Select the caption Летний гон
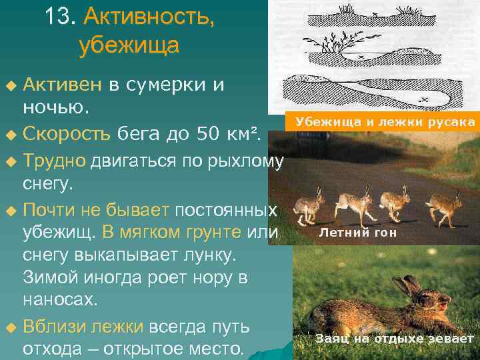tap(357, 233)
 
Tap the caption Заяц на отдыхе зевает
tap(395, 339)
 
